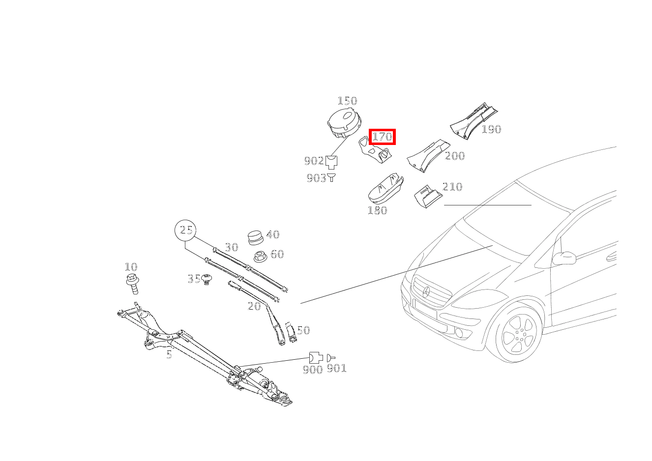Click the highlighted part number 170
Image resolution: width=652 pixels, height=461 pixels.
[x=382, y=136]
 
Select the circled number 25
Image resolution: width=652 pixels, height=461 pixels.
[x=186, y=230]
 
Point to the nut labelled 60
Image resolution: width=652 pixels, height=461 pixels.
[x=261, y=256]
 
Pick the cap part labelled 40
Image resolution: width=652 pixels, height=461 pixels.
[x=255, y=237]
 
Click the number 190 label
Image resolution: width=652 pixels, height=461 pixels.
[x=491, y=129]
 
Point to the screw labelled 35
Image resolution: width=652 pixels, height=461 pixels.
[x=207, y=279]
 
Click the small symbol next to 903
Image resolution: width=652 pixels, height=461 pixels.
[x=332, y=177]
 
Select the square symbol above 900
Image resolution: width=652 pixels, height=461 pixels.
[x=315, y=357]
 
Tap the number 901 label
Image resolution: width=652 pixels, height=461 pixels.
[x=337, y=368]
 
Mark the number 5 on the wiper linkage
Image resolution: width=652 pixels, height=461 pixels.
[x=169, y=355]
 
